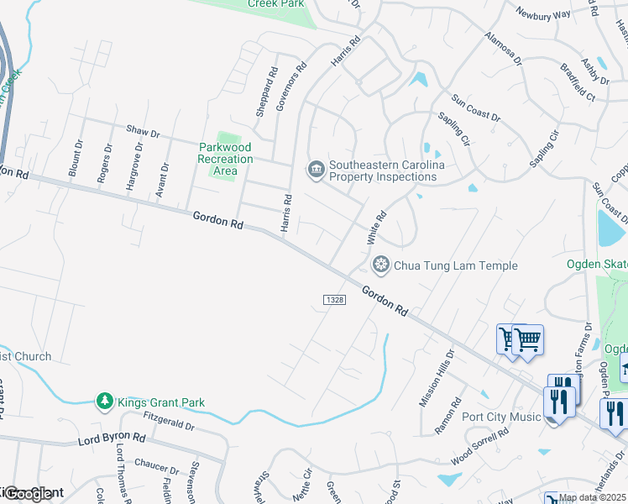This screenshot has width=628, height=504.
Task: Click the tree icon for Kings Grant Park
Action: [x=105, y=402]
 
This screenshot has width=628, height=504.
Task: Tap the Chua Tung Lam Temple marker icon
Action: [x=381, y=265]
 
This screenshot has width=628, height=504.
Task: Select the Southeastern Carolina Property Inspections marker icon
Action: [x=317, y=171]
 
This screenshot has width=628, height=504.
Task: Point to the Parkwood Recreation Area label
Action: [x=225, y=159]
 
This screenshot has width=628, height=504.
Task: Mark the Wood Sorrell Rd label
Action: [x=479, y=448]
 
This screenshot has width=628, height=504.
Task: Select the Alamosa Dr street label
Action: [x=503, y=50]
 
